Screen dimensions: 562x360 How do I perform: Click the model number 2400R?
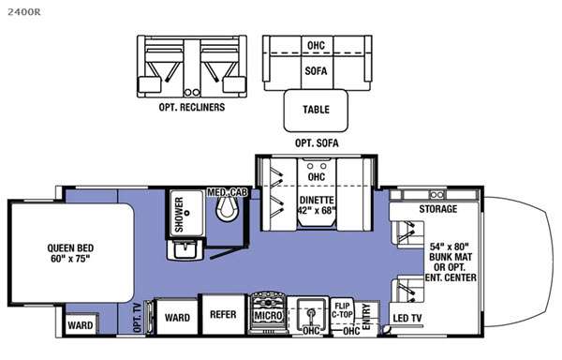24,12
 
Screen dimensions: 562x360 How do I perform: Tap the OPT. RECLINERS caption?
192,107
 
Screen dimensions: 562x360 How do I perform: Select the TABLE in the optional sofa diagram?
316,111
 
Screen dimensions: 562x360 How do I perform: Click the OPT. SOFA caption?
317,143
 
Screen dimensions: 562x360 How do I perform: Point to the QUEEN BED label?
70,248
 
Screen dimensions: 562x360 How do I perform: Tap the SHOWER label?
179,215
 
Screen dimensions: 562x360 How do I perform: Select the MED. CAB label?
228,192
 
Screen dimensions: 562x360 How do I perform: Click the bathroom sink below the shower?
185,249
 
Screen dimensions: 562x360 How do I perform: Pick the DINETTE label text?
317,200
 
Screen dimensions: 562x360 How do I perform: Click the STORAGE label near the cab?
438,209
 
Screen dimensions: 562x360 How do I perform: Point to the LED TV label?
407,318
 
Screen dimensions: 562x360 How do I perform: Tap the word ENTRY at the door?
366,317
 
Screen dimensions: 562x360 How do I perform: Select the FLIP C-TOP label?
342,310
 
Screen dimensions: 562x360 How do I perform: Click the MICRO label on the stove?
268,316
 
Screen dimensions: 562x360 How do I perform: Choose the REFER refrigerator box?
223,314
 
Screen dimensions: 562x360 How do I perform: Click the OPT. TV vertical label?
138,318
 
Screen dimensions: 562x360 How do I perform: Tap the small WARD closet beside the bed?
81,324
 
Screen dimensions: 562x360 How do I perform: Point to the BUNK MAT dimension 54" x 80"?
450,247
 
